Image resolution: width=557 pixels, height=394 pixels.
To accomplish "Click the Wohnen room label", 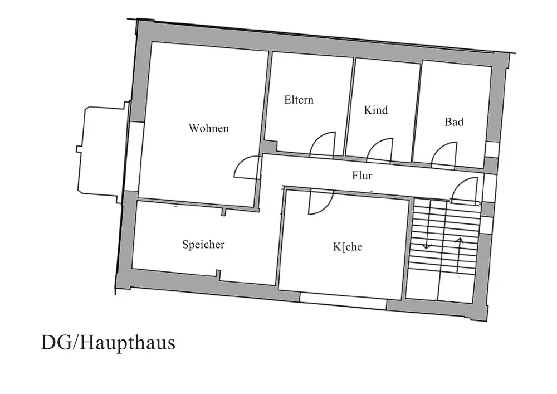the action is click(x=208, y=128).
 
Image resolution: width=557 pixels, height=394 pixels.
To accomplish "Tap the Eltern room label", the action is click(x=299, y=100).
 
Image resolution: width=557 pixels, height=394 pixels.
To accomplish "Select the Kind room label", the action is click(x=375, y=110).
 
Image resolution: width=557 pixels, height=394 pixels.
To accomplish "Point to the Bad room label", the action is click(x=453, y=121).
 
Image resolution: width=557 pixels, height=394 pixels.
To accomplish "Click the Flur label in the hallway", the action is click(x=362, y=176).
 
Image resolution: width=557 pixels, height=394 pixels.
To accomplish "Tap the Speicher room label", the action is click(x=203, y=244).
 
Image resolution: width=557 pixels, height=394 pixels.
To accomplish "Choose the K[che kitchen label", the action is click(x=348, y=246).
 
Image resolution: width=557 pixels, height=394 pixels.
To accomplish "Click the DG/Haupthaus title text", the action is click(x=108, y=342).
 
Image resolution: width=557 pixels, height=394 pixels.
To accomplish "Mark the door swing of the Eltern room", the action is click(x=323, y=144).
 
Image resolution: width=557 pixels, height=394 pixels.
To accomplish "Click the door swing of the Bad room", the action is click(x=444, y=153).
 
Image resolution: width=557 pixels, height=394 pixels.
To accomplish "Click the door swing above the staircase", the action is click(x=464, y=191).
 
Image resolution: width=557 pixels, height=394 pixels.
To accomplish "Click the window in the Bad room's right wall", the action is click(x=491, y=149).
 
